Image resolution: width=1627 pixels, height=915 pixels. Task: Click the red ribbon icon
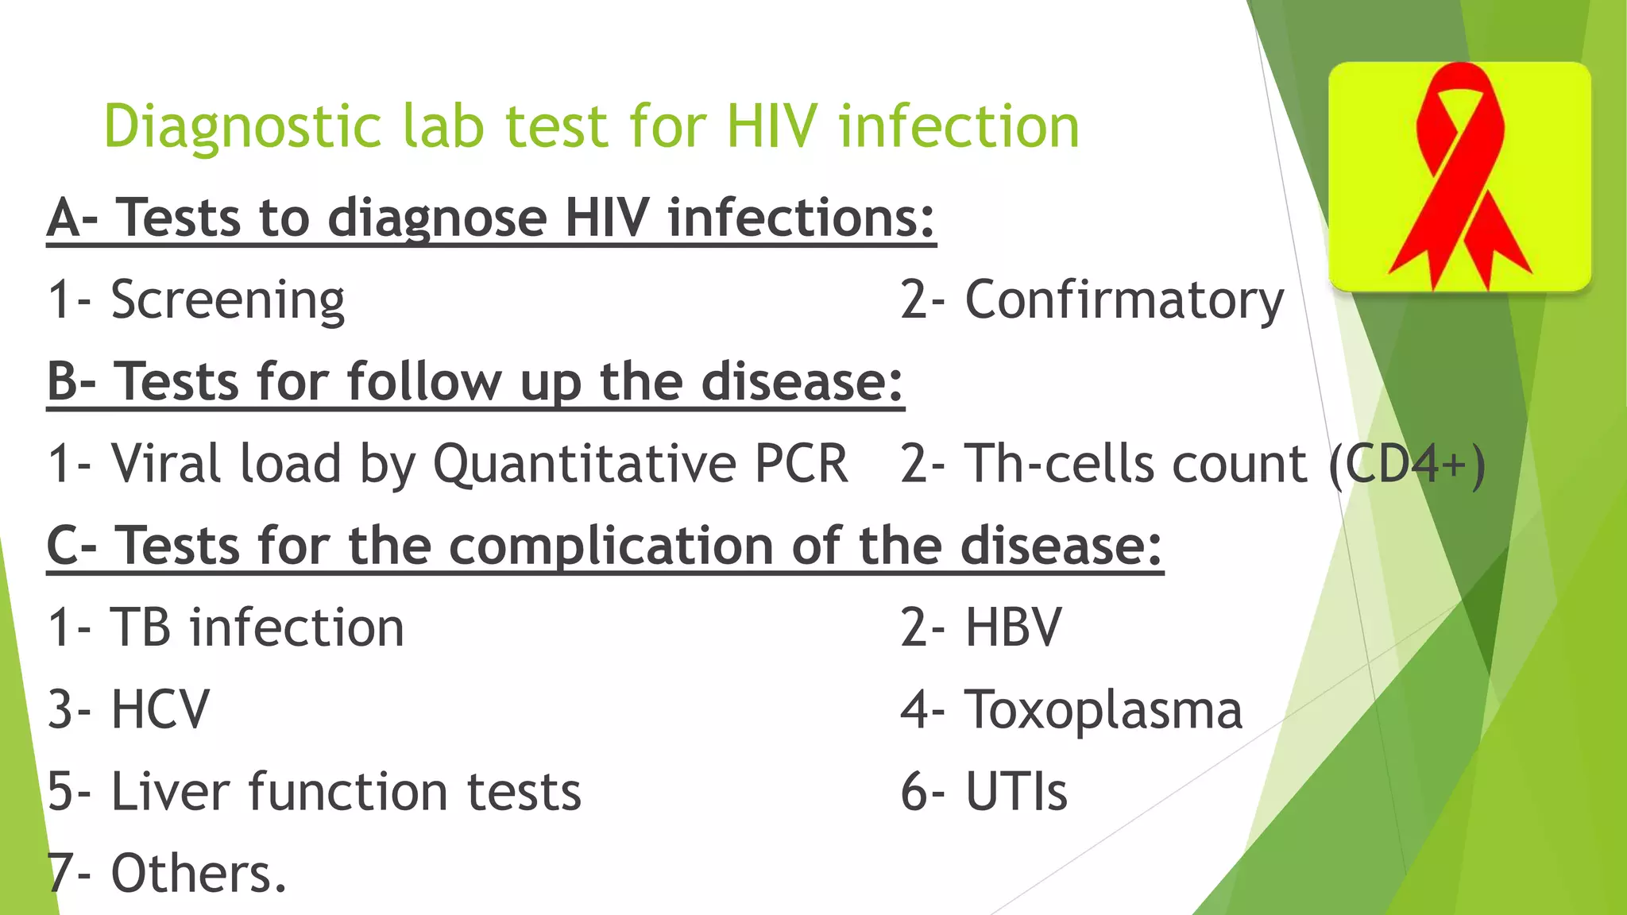1460,176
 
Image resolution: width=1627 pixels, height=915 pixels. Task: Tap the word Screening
227,300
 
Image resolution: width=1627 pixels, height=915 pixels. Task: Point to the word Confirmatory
1124,300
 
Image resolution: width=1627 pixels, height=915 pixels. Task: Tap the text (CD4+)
1407,464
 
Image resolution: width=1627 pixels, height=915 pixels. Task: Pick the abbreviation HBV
1013,627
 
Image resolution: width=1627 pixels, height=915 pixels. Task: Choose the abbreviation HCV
160,709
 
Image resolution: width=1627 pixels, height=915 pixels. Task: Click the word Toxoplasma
1103,709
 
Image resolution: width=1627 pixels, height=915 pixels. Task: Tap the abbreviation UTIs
1016,791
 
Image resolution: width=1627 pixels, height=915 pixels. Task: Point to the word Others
198,873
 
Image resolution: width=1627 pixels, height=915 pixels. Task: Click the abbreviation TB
140,627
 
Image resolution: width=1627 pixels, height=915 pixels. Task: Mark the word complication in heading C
611,546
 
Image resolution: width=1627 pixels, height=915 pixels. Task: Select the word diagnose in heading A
437,218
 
